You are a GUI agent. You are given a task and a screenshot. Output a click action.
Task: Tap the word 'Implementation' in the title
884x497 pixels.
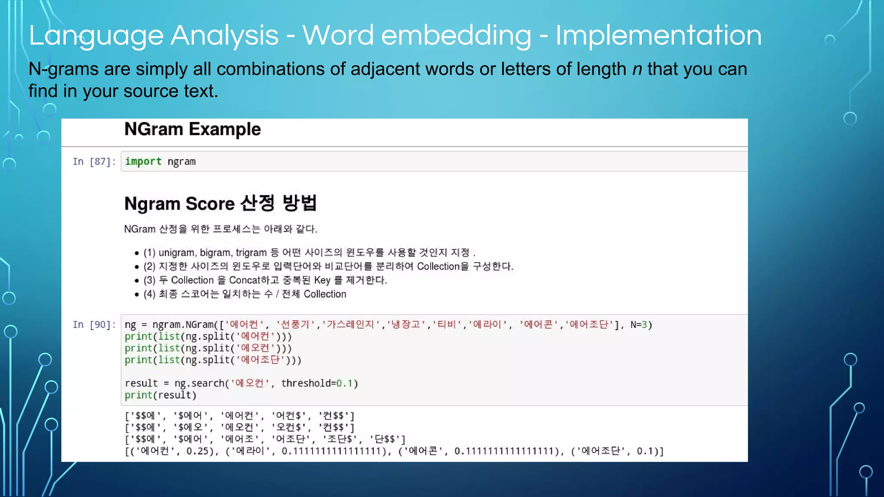(658, 35)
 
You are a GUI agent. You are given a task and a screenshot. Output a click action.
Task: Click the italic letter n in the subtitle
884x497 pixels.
(637, 69)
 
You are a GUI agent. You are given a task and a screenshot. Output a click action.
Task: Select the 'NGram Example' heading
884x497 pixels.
(193, 129)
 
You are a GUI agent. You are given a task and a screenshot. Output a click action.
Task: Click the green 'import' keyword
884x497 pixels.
(143, 161)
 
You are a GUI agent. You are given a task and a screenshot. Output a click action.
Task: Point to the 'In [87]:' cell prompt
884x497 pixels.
(94, 162)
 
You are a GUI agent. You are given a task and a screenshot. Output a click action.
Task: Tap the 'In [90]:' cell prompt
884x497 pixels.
(94, 325)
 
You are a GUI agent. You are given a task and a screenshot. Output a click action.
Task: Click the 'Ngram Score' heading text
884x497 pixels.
(179, 204)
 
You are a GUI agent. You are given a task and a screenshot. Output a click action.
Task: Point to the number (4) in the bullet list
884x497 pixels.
(149, 294)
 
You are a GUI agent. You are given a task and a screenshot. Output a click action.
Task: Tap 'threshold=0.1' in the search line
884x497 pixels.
(319, 384)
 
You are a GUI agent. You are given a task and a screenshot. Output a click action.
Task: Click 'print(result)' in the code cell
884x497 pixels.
(161, 395)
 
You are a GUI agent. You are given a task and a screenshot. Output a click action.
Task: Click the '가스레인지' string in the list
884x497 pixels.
(350, 324)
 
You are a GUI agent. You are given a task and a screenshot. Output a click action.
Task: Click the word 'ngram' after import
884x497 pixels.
(182, 162)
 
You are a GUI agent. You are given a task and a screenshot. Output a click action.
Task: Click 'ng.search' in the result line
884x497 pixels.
(199, 384)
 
